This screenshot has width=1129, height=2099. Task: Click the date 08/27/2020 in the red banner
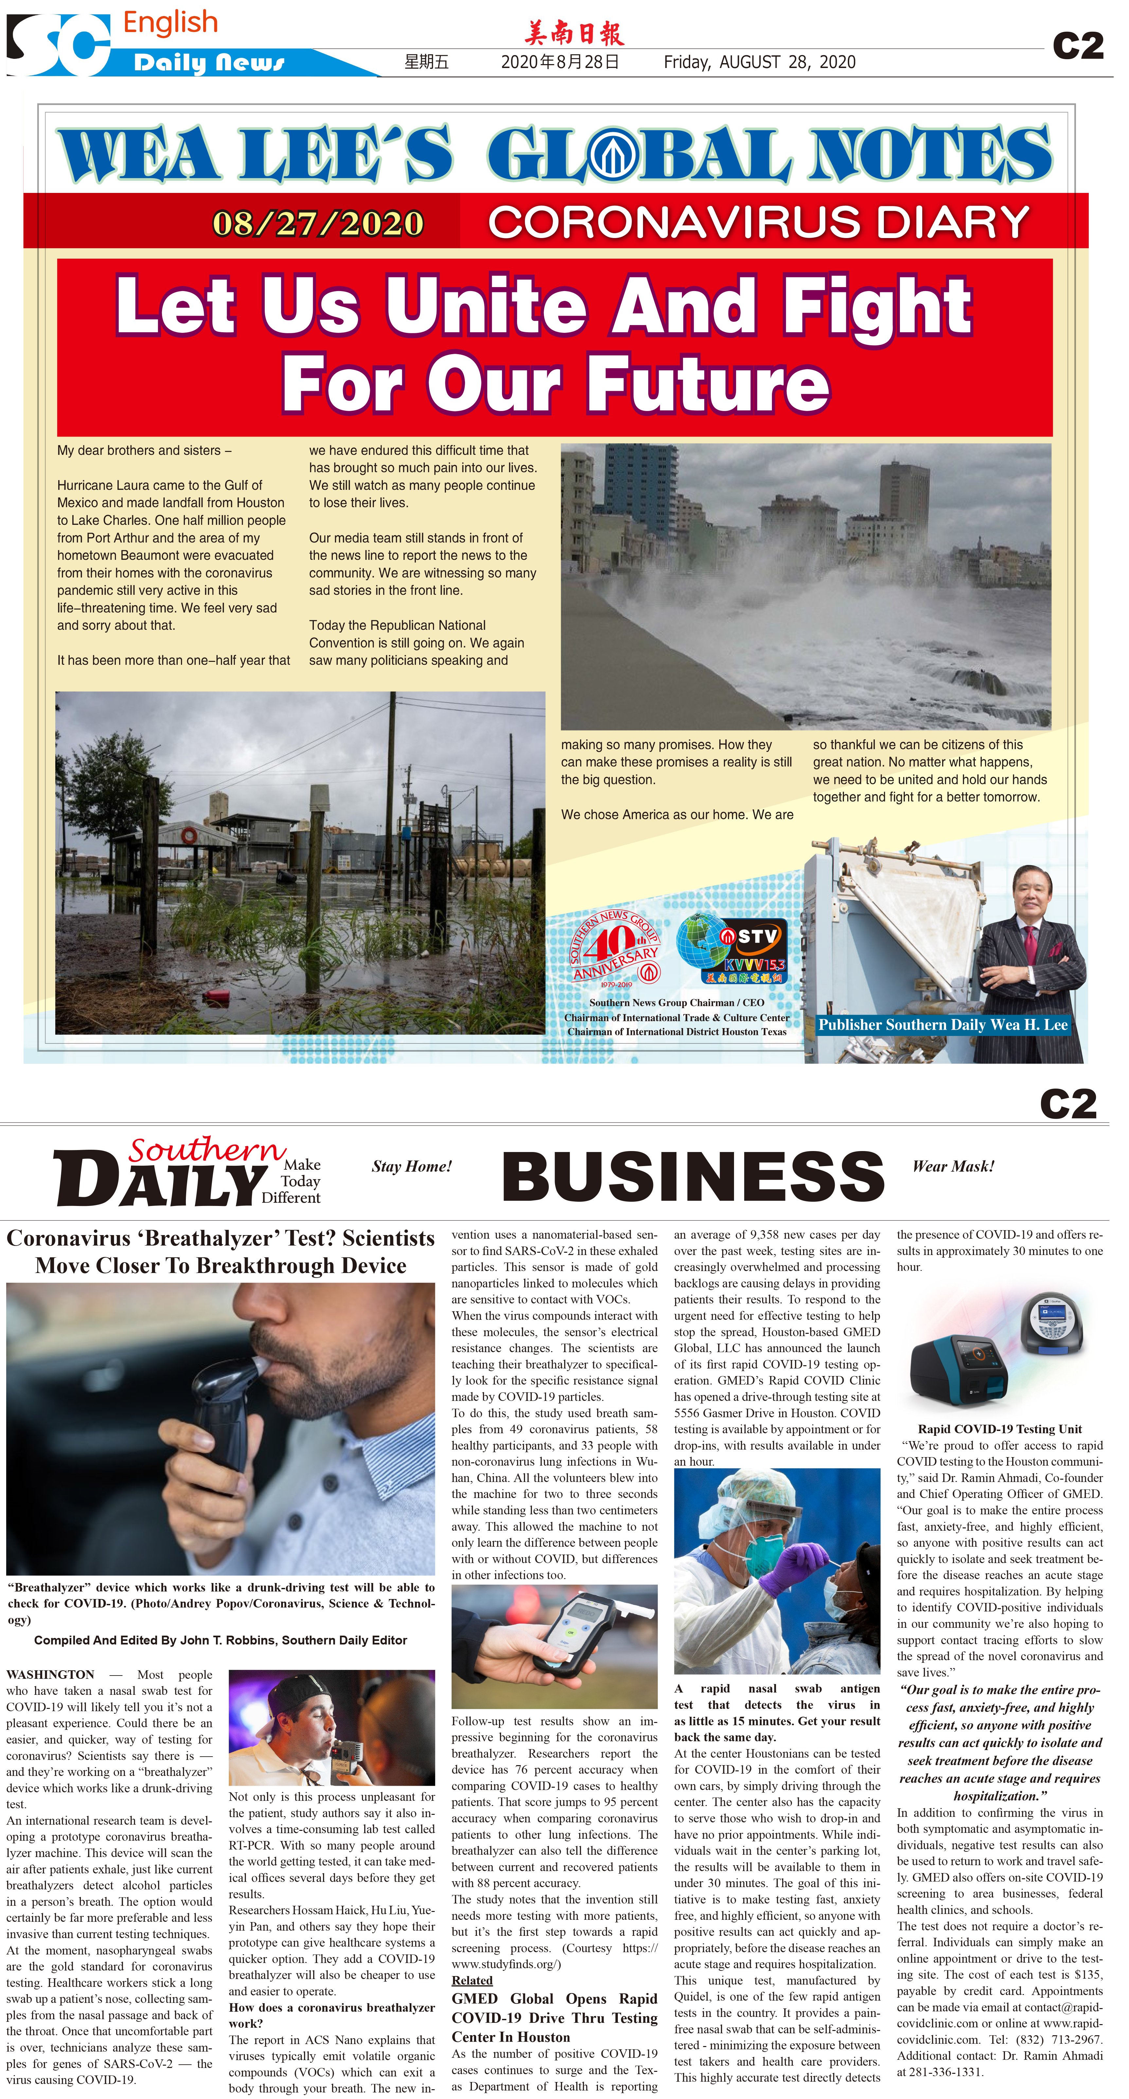318,223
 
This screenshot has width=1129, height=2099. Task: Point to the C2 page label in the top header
1078,46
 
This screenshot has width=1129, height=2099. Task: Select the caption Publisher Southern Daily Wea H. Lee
942,1025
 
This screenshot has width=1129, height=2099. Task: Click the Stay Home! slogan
412,1166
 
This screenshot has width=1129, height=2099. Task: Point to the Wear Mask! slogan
953,1166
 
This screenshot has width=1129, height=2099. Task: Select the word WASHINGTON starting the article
50,1675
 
